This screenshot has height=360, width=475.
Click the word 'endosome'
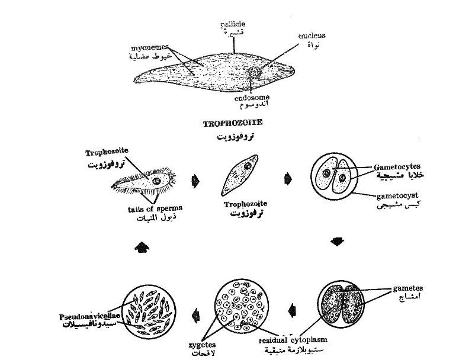tap(252, 98)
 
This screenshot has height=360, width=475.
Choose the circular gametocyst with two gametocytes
tap(334, 177)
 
